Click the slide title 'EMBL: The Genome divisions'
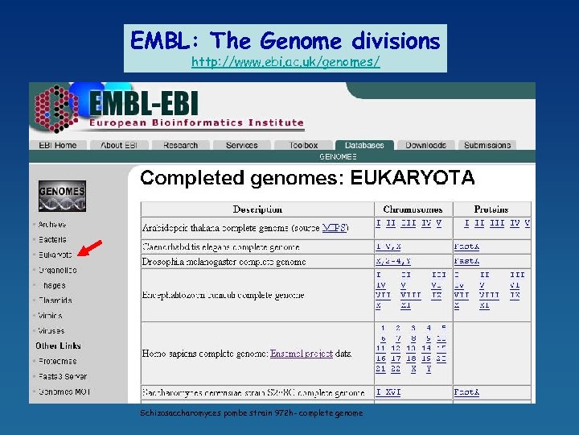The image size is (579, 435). pyautogui.click(x=285, y=40)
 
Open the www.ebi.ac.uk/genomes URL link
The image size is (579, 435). pyautogui.click(x=285, y=62)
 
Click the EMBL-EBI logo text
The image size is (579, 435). pyautogui.click(x=145, y=105)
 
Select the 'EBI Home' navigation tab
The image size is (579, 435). pyautogui.click(x=58, y=146)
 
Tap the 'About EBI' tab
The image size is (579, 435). pyautogui.click(x=119, y=146)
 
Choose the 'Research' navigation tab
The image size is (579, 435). pyautogui.click(x=180, y=146)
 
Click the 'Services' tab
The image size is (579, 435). pyautogui.click(x=242, y=146)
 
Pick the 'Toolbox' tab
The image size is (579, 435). pyautogui.click(x=303, y=146)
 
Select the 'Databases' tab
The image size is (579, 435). pyautogui.click(x=364, y=146)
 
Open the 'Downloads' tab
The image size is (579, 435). pyautogui.click(x=425, y=146)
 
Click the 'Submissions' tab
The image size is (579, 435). pyautogui.click(x=487, y=146)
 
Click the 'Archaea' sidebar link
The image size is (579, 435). pyautogui.click(x=52, y=225)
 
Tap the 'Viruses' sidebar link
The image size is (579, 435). pyautogui.click(x=51, y=330)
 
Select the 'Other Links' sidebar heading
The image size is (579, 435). pyautogui.click(x=58, y=346)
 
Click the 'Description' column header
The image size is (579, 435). pyautogui.click(x=257, y=209)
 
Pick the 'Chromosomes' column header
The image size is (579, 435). pyautogui.click(x=413, y=209)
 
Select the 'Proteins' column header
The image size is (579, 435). pyautogui.click(x=491, y=209)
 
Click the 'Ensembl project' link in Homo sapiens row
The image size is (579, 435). pyautogui.click(x=302, y=354)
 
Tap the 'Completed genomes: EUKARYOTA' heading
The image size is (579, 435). pyautogui.click(x=307, y=178)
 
